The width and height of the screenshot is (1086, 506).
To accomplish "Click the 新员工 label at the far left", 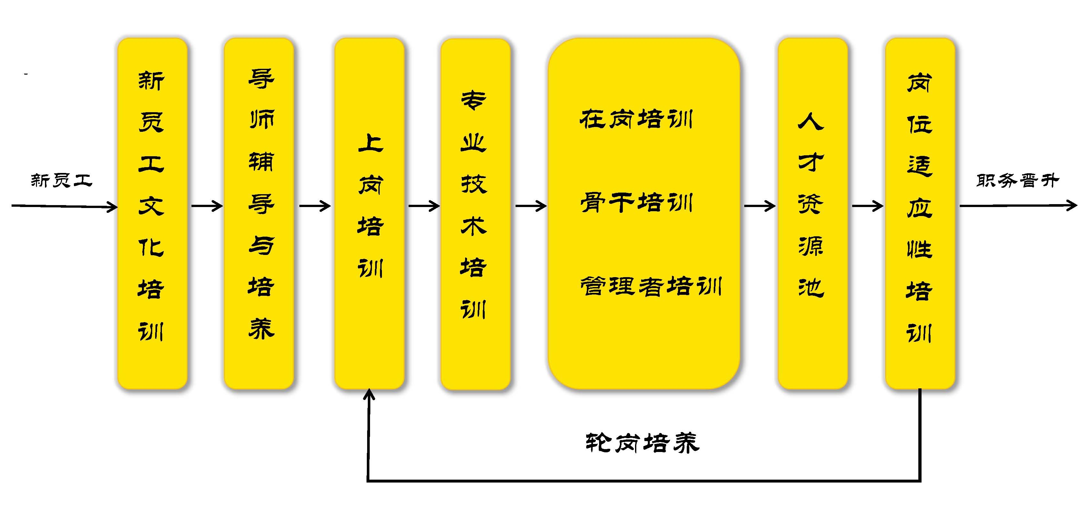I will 62,180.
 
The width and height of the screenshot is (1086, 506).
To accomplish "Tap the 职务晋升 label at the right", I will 1017,181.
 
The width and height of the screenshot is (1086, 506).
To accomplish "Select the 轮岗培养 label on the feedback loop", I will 642,443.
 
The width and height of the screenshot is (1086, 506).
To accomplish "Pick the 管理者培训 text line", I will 650,286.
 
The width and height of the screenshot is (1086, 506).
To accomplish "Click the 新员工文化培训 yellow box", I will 152,213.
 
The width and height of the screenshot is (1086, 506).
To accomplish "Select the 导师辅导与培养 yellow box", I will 259,213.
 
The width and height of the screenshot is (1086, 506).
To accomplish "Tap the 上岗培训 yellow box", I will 369,213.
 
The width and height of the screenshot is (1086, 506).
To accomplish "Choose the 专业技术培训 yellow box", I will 475,213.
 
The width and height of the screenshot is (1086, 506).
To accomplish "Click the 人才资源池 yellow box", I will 812,213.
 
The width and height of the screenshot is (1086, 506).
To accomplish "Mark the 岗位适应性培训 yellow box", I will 920,213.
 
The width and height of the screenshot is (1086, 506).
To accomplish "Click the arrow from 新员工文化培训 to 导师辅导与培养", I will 207,206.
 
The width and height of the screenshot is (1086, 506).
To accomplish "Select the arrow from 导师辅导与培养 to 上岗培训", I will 314,206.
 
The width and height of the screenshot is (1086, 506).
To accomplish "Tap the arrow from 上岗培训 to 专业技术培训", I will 424,206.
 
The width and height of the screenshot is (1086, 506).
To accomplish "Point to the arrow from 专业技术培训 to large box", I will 530,206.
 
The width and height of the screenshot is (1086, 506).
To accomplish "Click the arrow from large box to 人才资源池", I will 759,206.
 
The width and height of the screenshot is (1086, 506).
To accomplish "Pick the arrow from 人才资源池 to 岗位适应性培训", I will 867,206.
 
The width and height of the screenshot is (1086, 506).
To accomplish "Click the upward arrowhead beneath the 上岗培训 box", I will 369,394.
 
